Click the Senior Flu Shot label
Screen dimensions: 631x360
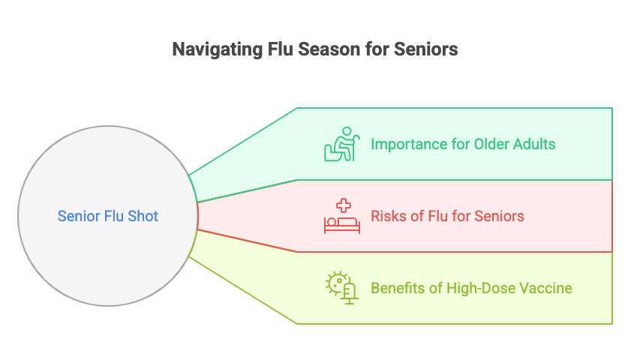[x=108, y=216]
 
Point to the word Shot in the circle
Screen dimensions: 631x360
[x=143, y=216]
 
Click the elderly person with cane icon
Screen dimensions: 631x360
[x=341, y=144]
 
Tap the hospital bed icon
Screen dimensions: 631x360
[x=342, y=216]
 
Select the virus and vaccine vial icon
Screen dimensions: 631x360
[x=341, y=287]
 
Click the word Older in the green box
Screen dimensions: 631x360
[x=491, y=144]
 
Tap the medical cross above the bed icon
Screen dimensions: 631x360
[x=344, y=205]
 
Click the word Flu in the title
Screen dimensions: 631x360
[x=280, y=49]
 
